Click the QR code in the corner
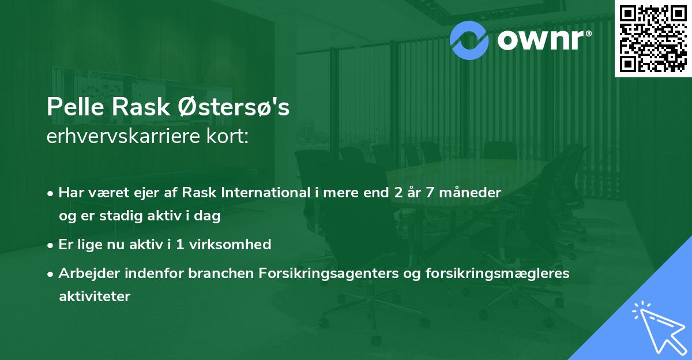pyautogui.click(x=653, y=39)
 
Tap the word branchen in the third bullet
pyautogui.click(x=185, y=273)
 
